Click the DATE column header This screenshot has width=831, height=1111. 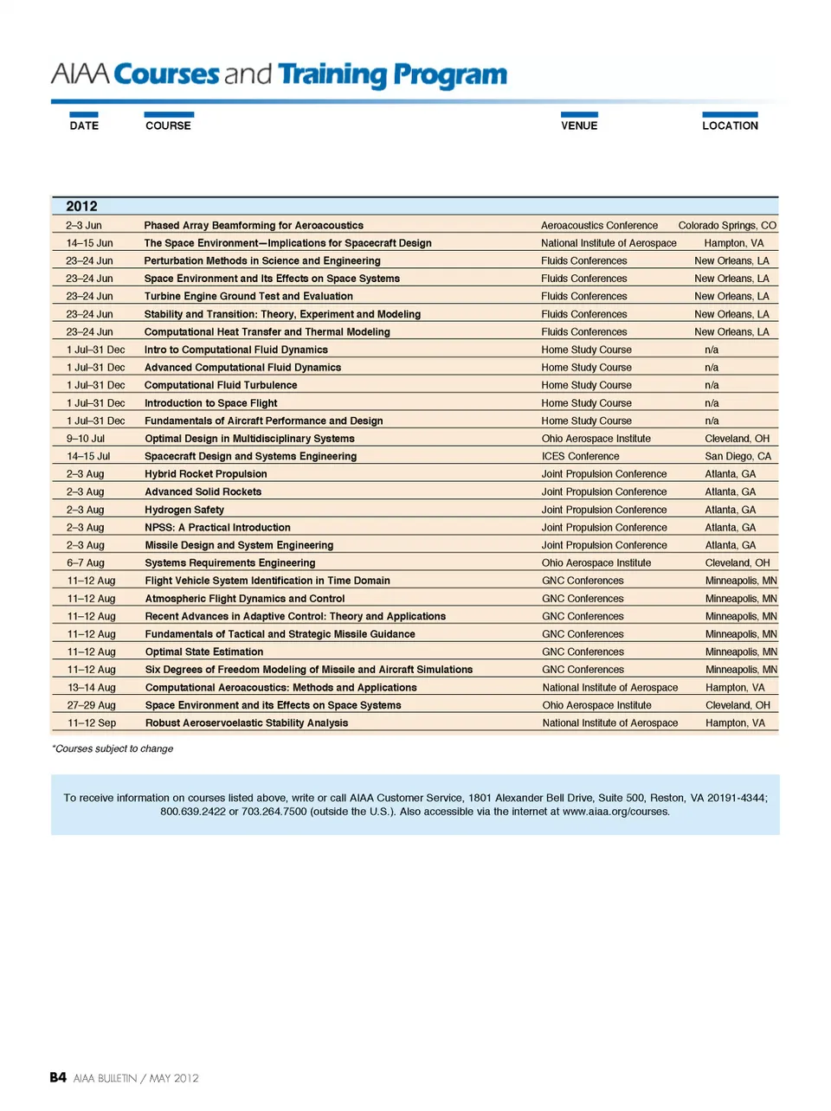click(84, 125)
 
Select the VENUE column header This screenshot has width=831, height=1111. click(579, 125)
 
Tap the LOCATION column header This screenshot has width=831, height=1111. click(730, 125)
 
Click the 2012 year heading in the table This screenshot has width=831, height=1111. click(81, 206)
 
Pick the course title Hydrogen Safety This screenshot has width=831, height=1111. click(184, 510)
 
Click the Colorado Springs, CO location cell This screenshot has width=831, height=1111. click(727, 225)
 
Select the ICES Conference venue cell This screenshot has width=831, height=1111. click(581, 456)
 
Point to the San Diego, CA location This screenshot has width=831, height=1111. click(738, 456)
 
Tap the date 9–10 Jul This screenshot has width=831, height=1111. click(86, 439)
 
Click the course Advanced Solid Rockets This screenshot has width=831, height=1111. click(203, 491)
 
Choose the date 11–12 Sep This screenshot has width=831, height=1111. click(92, 722)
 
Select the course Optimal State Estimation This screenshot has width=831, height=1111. click(204, 652)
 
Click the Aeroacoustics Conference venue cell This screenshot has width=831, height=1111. click(599, 225)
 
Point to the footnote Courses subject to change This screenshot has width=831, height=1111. click(113, 748)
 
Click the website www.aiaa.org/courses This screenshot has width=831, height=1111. click(615, 812)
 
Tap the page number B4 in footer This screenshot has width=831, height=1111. click(58, 1077)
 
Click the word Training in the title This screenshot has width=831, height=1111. click(332, 75)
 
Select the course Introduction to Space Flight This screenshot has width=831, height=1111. click(211, 403)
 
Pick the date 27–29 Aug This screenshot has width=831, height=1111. click(92, 705)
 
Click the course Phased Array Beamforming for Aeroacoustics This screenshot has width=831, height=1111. click(254, 225)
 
